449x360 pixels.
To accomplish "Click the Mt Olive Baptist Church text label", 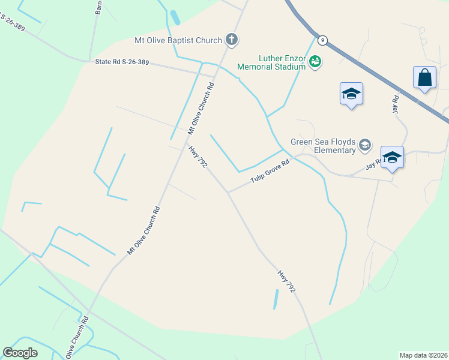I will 178,41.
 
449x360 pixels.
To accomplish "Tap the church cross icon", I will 232,40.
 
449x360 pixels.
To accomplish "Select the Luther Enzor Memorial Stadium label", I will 273,62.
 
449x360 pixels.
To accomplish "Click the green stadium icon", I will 315,61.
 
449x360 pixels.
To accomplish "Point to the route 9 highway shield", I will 323,40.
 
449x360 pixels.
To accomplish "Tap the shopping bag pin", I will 424,78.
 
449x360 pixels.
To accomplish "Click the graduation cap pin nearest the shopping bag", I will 351,94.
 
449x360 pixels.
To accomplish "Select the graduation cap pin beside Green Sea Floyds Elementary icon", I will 392,158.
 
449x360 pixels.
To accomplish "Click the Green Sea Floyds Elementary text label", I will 323,146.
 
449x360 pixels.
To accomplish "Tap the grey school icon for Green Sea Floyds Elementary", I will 364,145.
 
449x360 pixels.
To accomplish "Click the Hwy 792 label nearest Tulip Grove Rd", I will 197,157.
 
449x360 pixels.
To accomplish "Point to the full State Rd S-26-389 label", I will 122,62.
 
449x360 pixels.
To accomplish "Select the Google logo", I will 20,353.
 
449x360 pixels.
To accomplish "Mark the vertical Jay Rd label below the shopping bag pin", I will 395,106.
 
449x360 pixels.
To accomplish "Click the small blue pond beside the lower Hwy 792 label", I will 276,299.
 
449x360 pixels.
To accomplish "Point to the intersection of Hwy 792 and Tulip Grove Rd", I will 228,193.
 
